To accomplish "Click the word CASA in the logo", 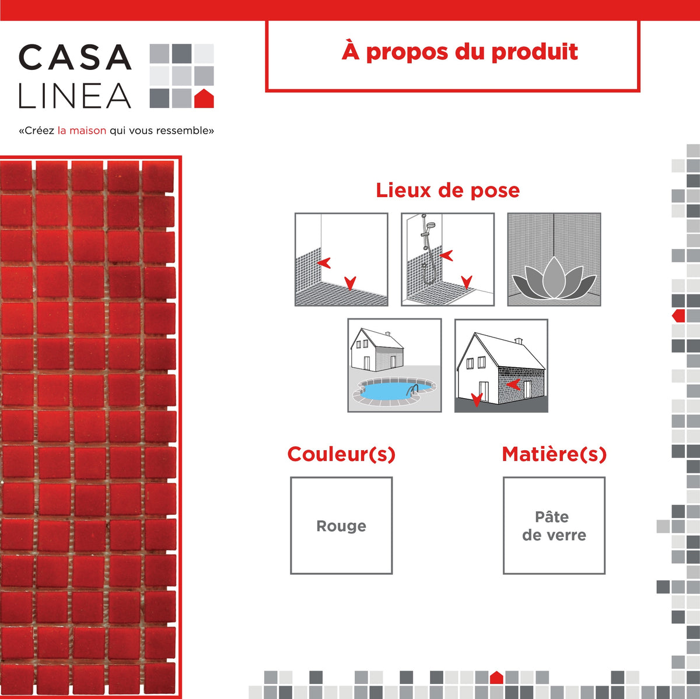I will click(x=75, y=58).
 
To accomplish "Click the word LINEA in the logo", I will click(x=75, y=96).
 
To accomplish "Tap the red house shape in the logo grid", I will click(x=204, y=99).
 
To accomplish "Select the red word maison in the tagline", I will click(x=87, y=131).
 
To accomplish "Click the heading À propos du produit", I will click(x=460, y=52).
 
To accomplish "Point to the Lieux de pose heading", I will click(x=447, y=190).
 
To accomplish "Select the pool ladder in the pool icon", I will click(x=414, y=389).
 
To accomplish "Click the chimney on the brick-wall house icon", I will click(x=518, y=340).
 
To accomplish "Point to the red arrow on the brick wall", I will click(x=513, y=384).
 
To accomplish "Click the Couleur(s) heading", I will click(x=341, y=454).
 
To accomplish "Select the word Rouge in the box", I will click(x=341, y=526).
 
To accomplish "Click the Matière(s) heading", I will click(x=554, y=454).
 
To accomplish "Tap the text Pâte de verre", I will click(x=554, y=526).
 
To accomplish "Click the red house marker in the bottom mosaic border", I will click(x=496, y=677).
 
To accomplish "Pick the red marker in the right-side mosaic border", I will click(x=678, y=316).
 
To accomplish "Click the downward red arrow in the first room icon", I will click(x=349, y=283).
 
